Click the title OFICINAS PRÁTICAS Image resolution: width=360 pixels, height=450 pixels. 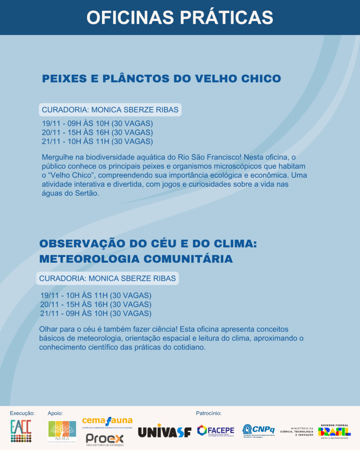pyautogui.click(x=180, y=18)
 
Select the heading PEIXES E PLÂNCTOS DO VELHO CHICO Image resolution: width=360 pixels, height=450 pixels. pyautogui.click(x=161, y=79)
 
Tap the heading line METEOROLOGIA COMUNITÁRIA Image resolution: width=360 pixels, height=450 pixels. pyautogui.click(x=136, y=259)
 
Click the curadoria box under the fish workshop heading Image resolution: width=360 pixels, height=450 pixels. pyautogui.click(x=110, y=110)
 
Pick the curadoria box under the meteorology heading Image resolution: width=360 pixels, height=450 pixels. pyautogui.click(x=108, y=278)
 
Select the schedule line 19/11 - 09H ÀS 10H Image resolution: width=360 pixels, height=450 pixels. pyautogui.click(x=97, y=123)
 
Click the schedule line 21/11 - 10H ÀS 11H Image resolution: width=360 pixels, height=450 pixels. pyautogui.click(x=97, y=142)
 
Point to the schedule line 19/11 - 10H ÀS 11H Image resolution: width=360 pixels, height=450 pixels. pyautogui.click(x=96, y=295)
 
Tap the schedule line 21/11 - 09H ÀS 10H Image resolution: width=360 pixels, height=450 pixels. pyautogui.click(x=96, y=313)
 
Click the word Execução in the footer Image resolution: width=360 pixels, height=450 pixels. pyautogui.click(x=22, y=413)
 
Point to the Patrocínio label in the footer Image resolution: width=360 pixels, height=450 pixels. pyautogui.click(x=208, y=413)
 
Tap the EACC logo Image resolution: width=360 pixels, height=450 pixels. pyautogui.click(x=21, y=432)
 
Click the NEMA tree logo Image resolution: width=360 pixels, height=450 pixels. pyautogui.click(x=62, y=432)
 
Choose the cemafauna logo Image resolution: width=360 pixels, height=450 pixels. pyautogui.click(x=107, y=422)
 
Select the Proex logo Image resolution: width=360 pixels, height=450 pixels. pyautogui.click(x=105, y=439)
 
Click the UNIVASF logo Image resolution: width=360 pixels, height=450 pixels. pyautogui.click(x=165, y=432)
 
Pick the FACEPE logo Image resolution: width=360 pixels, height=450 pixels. pyautogui.click(x=215, y=431)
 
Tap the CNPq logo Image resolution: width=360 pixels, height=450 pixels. pyautogui.click(x=258, y=430)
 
